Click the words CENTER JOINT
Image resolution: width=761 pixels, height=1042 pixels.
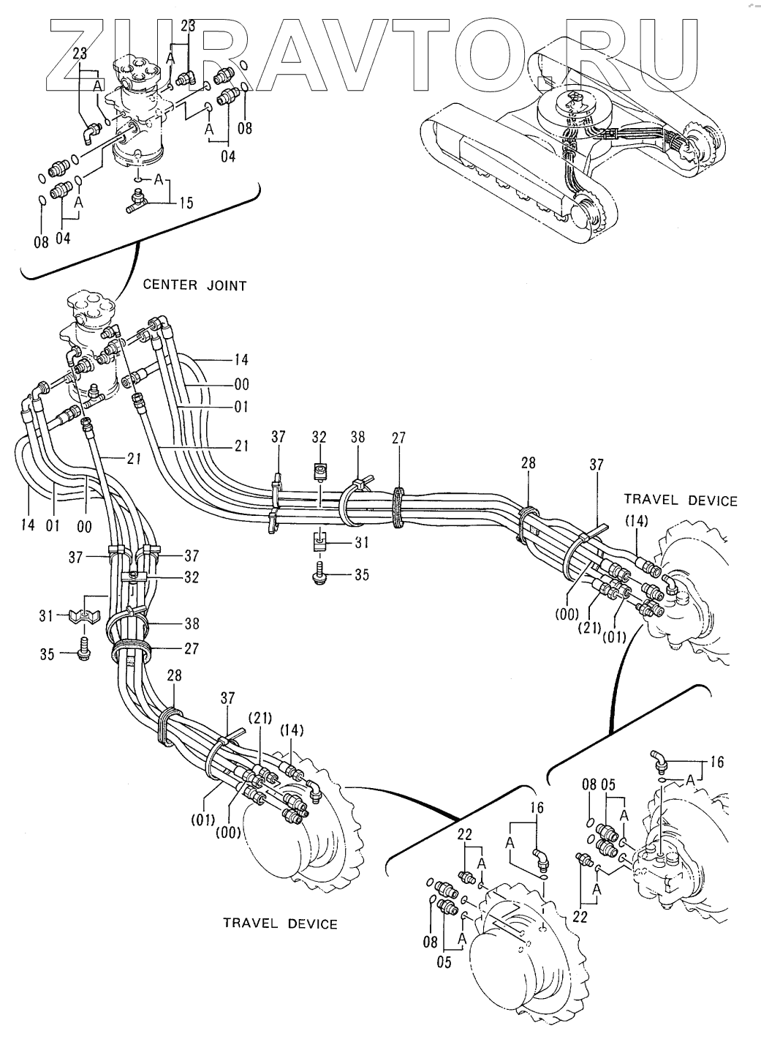[x=194, y=285]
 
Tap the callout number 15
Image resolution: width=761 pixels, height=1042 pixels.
[x=186, y=203]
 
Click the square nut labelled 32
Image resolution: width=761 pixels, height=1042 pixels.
[x=318, y=472]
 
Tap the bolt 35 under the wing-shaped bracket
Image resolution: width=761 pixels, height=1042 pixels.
[x=84, y=649]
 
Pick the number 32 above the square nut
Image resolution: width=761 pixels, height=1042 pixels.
[x=318, y=438]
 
